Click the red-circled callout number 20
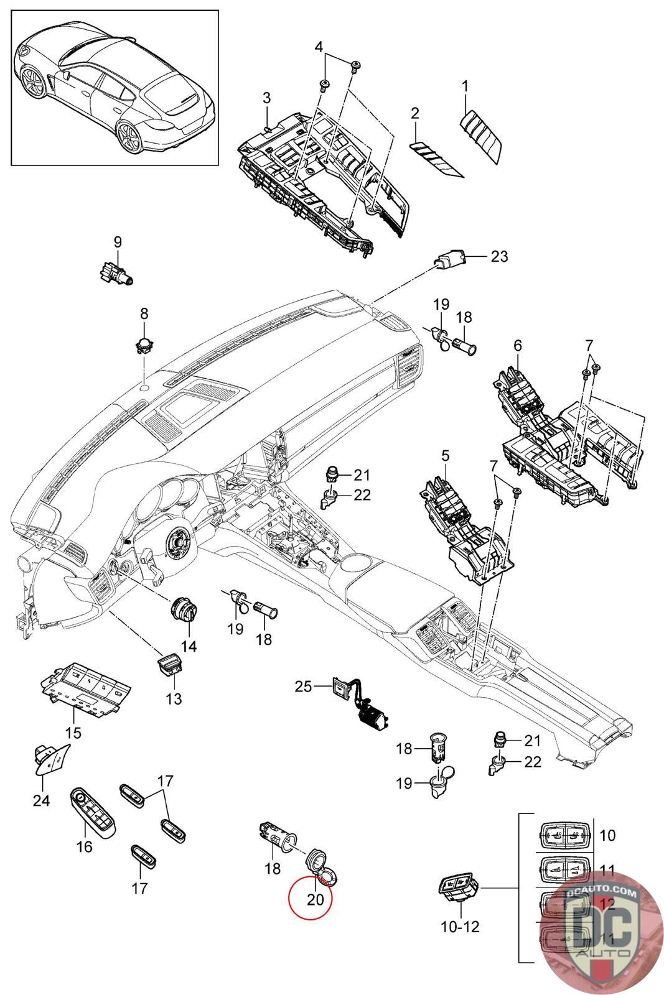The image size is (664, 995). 316,899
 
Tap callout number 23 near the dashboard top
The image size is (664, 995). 499,256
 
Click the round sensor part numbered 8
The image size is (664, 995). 144,344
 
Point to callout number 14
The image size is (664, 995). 189,646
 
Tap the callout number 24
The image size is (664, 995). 41,800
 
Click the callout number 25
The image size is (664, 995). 303,687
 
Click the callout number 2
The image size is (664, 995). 415,113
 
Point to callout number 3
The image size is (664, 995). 266,98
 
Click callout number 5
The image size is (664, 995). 446,456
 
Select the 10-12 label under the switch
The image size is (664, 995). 461,927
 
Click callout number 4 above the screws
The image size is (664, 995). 319,48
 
